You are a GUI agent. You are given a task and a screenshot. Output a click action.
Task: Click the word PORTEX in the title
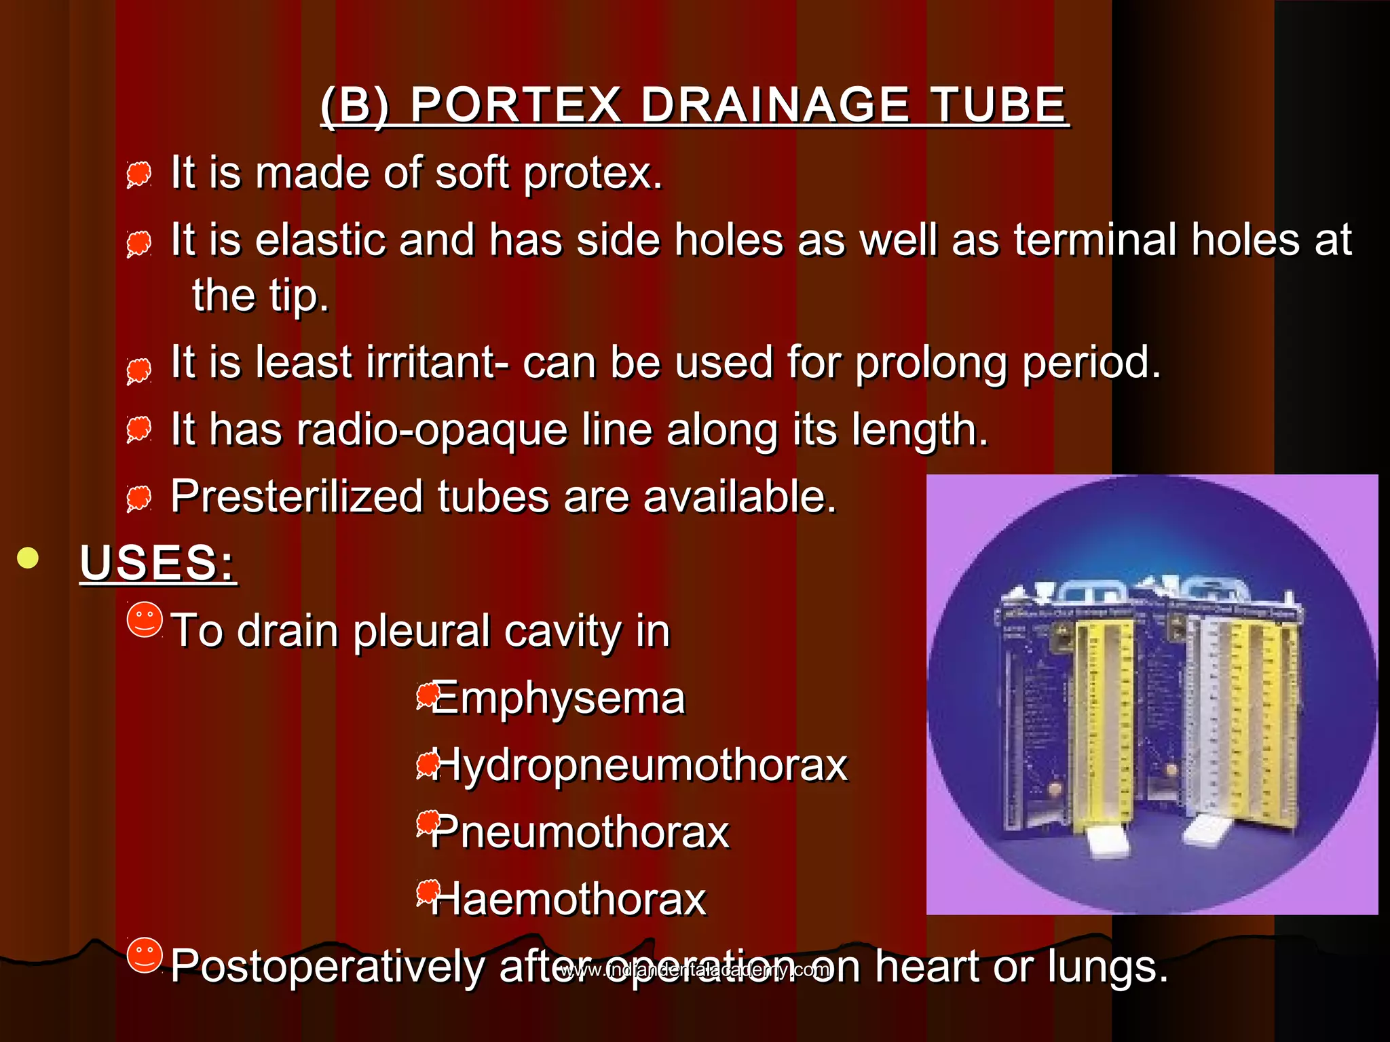[x=516, y=106]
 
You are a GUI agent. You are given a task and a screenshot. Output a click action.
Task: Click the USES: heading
[x=157, y=563]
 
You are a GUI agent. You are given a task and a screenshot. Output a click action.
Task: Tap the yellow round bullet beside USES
[x=28, y=558]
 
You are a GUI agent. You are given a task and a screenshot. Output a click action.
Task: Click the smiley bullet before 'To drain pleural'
[x=145, y=619]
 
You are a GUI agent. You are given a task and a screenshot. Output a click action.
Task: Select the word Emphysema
[x=558, y=699]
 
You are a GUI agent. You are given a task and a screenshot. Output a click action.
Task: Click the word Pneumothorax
[x=580, y=832]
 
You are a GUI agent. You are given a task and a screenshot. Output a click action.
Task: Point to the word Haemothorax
[x=569, y=900]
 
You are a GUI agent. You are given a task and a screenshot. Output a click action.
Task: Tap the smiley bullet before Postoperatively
[x=145, y=955]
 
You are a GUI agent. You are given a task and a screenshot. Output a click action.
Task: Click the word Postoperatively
[x=327, y=966]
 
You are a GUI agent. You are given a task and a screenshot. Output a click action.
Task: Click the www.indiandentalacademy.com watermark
[x=694, y=970]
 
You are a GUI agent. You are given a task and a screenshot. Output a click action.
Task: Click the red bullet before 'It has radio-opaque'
[x=139, y=430]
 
